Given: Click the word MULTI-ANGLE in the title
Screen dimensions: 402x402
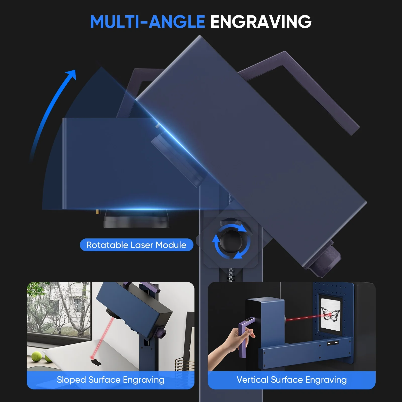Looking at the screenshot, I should pos(147,22).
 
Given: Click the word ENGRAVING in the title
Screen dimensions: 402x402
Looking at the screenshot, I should pos(261,22).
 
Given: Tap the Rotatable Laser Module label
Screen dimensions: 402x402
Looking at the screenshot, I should pos(136,245).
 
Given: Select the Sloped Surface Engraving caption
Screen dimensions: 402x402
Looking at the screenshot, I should pos(111,380).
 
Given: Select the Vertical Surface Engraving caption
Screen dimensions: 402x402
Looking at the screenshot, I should pos(291,380).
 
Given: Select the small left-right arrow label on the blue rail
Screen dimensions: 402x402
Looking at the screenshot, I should pos(333,343).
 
